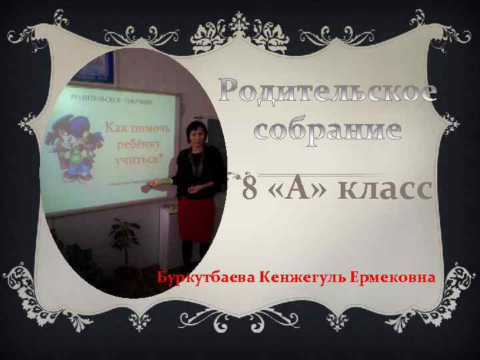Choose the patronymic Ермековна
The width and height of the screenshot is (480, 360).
tap(390, 277)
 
